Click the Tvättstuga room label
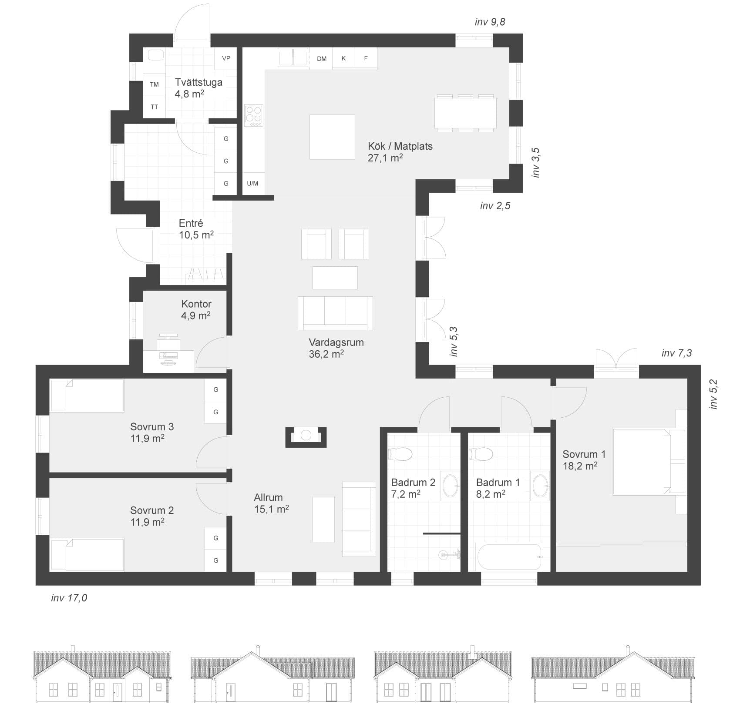click(198, 82)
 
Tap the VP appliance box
click(226, 58)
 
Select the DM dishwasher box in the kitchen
click(321, 58)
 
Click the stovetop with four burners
click(254, 115)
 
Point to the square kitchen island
click(332, 137)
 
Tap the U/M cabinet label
click(252, 183)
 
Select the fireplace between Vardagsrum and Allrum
click(306, 436)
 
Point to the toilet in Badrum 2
click(400, 454)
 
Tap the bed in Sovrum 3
click(87, 395)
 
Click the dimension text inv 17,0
click(69, 598)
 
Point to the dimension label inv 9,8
click(490, 22)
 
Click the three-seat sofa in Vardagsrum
click(335, 313)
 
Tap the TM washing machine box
click(154, 84)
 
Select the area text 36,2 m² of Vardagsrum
click(326, 354)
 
